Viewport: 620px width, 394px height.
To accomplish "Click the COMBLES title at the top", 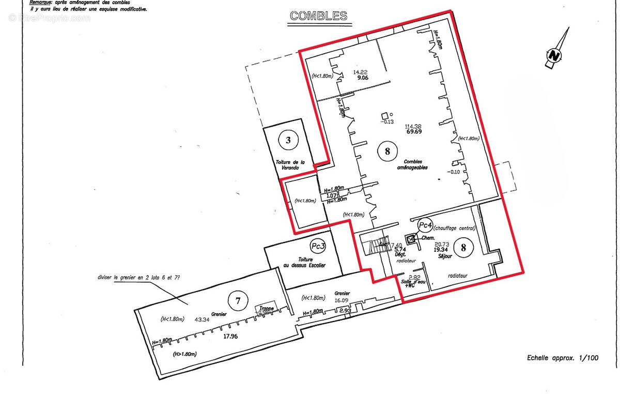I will (x=318, y=16).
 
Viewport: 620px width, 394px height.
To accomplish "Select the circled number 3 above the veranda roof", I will (x=288, y=139).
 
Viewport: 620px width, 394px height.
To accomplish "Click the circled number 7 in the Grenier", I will (x=238, y=299).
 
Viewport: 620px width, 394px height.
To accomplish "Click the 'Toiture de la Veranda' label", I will (x=289, y=164).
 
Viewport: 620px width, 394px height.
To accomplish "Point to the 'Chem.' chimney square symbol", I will (x=411, y=239).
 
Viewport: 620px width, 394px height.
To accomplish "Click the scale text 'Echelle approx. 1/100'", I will (x=563, y=358).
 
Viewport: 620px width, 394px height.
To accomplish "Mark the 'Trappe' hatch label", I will (x=267, y=309).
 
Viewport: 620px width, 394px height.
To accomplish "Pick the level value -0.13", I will (x=387, y=122).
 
